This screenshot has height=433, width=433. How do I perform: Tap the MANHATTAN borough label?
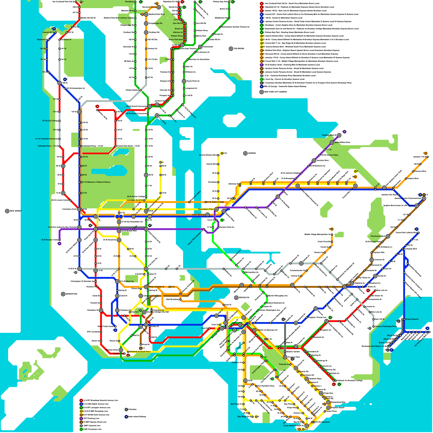click(71, 294)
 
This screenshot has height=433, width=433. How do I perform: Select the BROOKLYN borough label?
click(244, 297)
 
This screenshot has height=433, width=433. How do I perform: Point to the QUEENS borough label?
click(251, 153)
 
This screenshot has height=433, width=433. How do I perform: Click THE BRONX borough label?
click(239, 49)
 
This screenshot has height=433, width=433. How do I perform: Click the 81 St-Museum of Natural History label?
click(96, 182)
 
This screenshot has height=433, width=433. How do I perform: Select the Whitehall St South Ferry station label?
click(140, 352)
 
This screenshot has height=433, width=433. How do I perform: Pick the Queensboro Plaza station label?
click(206, 209)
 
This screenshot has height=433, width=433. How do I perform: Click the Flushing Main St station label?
click(329, 135)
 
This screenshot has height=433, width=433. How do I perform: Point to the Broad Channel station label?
click(412, 319)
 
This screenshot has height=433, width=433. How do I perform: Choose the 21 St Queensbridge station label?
click(215, 202)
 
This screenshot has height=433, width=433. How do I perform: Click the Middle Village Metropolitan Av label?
click(317, 234)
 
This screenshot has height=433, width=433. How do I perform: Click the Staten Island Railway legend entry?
click(137, 416)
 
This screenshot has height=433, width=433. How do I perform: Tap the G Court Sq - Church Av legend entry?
click(284, 79)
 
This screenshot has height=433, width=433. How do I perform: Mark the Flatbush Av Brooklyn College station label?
click(349, 380)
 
